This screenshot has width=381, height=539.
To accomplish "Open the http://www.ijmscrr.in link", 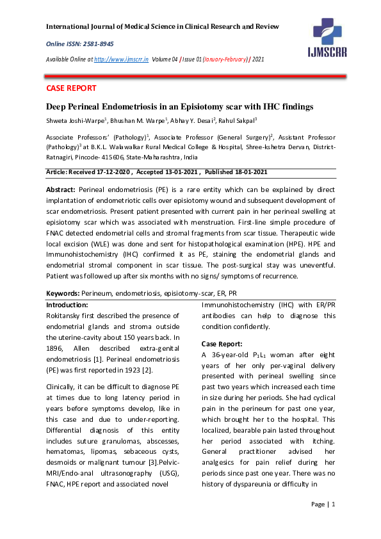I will pos(121,59).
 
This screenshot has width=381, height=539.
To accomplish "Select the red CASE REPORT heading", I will pos(71,88).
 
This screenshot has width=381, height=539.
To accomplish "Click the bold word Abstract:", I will pos(60,190).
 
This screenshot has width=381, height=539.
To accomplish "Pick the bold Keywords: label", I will pos(67,293).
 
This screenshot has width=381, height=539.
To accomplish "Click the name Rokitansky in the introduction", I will pos(67,316).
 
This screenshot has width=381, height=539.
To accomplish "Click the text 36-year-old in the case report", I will pos(232,355).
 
